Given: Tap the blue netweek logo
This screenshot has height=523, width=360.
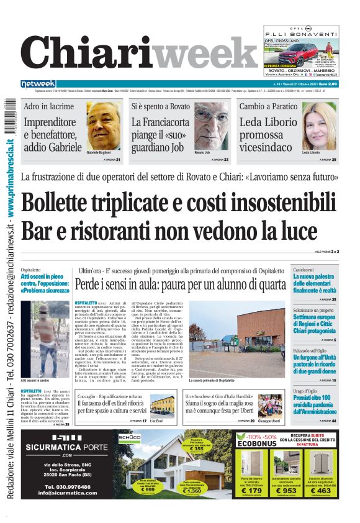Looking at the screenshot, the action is tap(38, 84).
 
